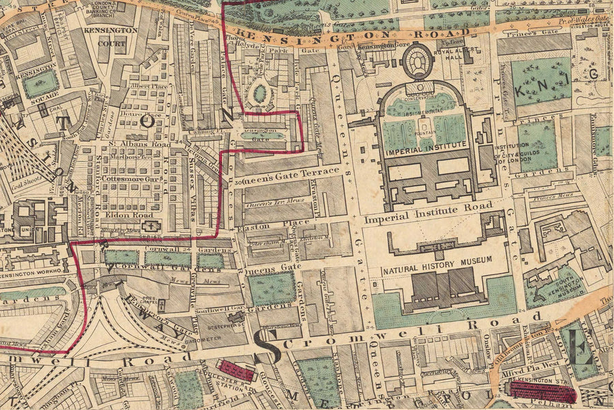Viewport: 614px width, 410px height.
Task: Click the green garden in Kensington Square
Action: pyautogui.click(x=40, y=83)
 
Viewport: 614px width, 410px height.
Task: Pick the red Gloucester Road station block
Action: pyautogui.click(x=236, y=370)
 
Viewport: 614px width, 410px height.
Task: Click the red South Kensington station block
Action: pyautogui.click(x=542, y=392)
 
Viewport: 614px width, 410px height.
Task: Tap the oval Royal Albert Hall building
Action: pyautogui.click(x=418, y=61)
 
